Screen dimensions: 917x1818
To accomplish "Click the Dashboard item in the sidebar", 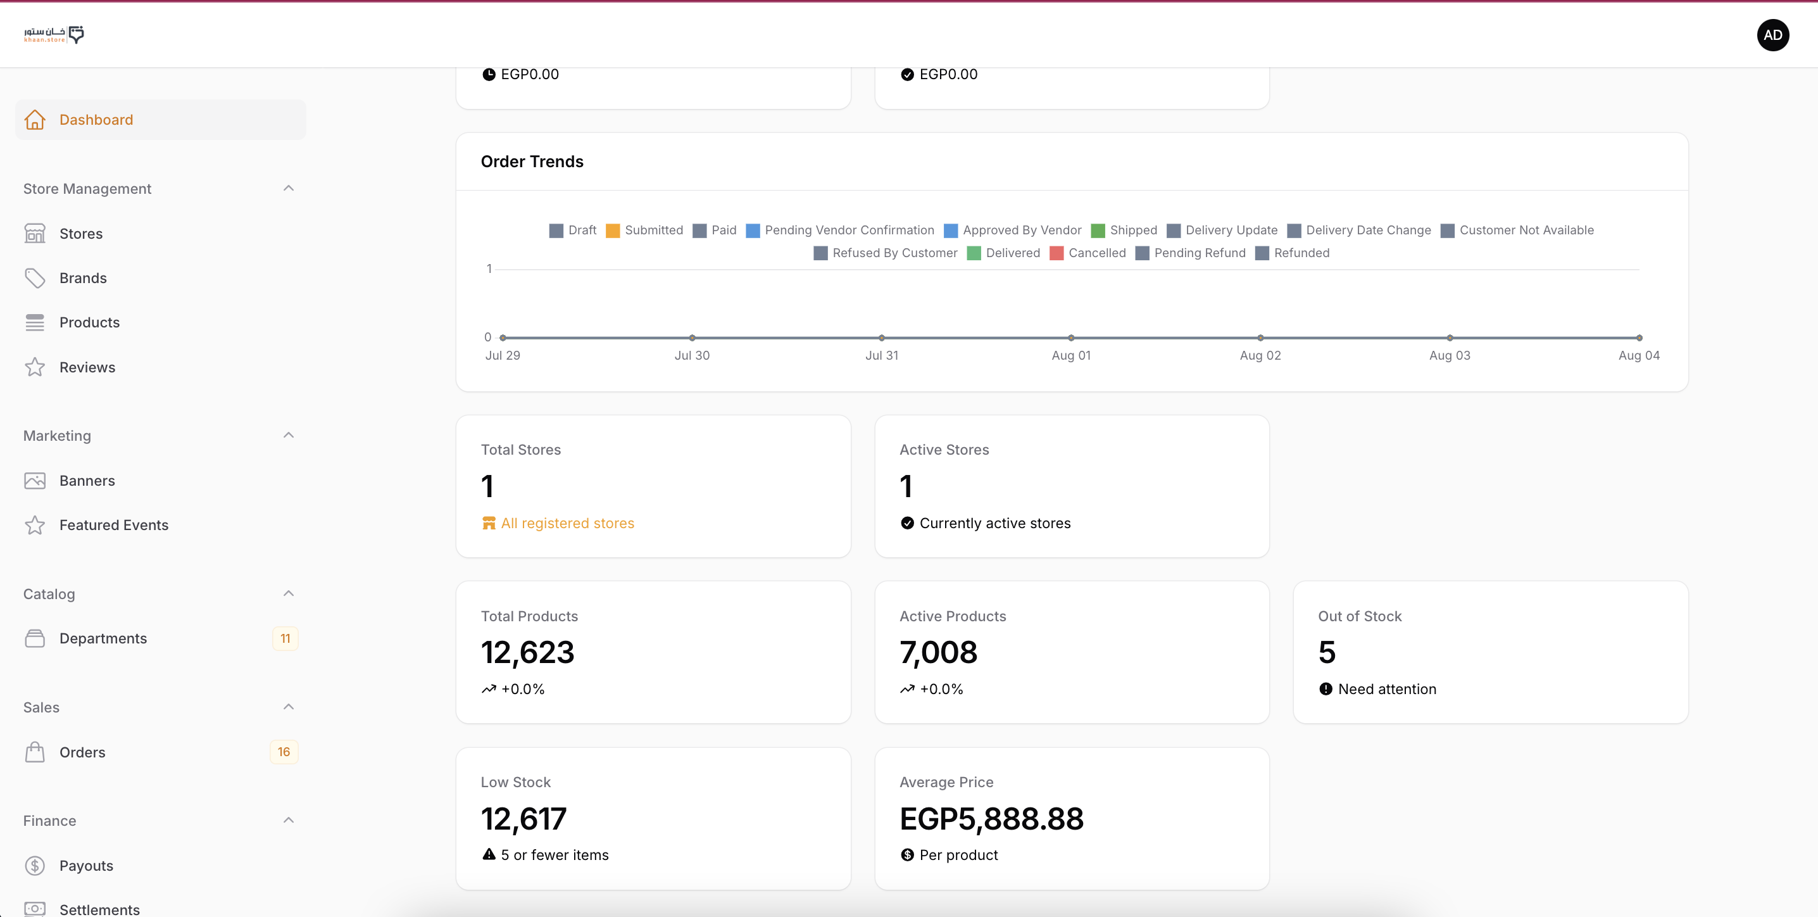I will pos(96,120).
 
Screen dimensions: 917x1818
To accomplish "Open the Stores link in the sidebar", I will pos(80,234).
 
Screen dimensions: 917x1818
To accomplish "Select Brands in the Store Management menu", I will pos(82,278).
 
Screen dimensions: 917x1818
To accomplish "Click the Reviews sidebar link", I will pos(87,367).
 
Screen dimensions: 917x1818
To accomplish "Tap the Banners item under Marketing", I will pos(87,481).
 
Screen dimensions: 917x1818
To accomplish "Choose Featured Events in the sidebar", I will pos(114,525).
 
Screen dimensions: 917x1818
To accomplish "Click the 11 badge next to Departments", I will pos(285,639).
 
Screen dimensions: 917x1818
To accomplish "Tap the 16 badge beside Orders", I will pos(284,752).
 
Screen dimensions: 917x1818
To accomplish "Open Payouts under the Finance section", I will pos(86,866).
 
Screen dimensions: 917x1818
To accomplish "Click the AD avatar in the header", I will pos(1772,35).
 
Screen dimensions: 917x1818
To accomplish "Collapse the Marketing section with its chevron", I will pos(289,436).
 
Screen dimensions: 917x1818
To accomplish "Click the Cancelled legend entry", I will pos(1088,253).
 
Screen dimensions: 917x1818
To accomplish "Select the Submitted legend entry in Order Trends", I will pos(644,230).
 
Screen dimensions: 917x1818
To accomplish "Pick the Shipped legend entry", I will pos(1124,230).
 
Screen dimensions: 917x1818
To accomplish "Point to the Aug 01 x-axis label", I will pos(1070,356).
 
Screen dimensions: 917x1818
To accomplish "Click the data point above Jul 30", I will pos(693,338).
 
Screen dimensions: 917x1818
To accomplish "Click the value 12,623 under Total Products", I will pos(527,652).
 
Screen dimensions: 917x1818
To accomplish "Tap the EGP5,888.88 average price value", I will pos(991,819).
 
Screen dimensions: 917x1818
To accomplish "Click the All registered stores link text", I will pos(567,523).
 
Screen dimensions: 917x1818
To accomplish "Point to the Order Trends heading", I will pos(532,161).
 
